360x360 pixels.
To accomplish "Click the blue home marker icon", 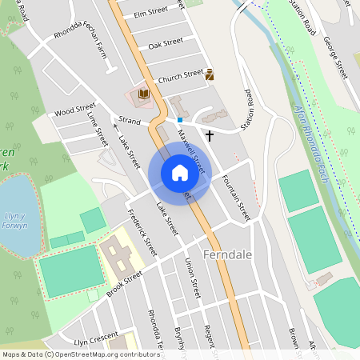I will click(x=180, y=173).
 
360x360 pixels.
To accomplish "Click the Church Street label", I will click(x=181, y=76).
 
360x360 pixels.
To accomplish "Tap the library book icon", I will click(x=144, y=94).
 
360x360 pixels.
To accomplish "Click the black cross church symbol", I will click(x=210, y=135).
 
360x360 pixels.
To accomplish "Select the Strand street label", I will click(x=129, y=121).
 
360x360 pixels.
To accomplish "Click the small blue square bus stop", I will click(x=180, y=120).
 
